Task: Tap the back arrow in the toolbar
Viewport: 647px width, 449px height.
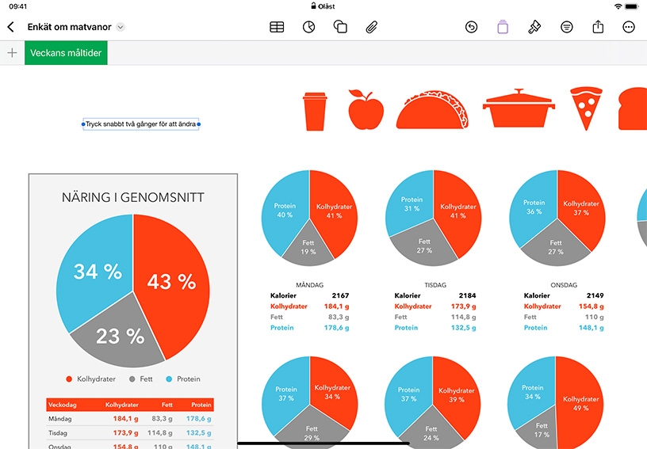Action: coord(11,27)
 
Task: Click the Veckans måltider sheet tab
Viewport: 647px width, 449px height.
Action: coord(66,53)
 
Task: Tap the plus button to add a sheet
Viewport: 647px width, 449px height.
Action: coord(13,53)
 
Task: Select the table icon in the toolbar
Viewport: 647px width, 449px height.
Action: coord(277,27)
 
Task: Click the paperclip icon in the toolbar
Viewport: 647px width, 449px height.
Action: coord(371,27)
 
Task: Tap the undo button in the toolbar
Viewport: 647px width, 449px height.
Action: coord(471,27)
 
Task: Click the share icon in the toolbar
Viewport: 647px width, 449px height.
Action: coord(598,27)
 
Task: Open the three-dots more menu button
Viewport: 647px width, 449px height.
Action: coord(629,27)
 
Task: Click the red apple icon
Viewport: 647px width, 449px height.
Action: coord(366,109)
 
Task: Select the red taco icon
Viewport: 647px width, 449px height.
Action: coord(432,109)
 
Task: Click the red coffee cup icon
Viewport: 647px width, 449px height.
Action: coord(315,111)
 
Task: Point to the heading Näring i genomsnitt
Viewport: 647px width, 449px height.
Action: coord(133,197)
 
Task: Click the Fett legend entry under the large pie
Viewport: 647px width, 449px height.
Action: coord(141,379)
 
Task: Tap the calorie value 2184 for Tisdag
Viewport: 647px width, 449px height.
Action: coord(467,295)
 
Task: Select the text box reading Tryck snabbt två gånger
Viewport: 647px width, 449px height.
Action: coord(140,124)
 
